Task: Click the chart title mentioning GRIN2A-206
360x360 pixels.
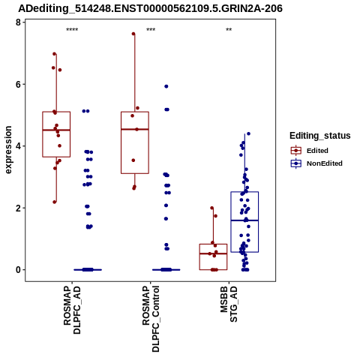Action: pos(150,8)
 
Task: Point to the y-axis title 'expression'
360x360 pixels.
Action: pos(8,150)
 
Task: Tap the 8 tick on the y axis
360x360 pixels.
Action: pos(18,22)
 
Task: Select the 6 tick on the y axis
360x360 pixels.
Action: pos(18,84)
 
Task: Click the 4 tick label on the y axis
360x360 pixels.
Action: pos(18,146)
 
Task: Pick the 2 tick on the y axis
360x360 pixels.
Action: pos(18,208)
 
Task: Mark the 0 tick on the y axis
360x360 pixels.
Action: pos(18,270)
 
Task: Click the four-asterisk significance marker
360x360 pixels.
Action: pos(72,30)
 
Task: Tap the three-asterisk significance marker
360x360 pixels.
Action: pos(151,30)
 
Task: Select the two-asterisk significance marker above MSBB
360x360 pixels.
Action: pos(229,30)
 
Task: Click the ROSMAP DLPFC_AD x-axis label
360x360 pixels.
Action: pos(72,310)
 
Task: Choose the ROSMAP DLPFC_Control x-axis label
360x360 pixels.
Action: pos(151,319)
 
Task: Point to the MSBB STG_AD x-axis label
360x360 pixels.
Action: pos(229,304)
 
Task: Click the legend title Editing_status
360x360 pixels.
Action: pos(320,136)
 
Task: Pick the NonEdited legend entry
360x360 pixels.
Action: pos(316,163)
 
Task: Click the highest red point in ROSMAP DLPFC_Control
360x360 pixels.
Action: pos(133,34)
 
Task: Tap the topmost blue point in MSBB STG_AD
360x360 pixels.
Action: pos(248,133)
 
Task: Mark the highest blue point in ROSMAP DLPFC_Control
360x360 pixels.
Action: pos(166,86)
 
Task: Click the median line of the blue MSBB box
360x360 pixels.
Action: pos(244,220)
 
